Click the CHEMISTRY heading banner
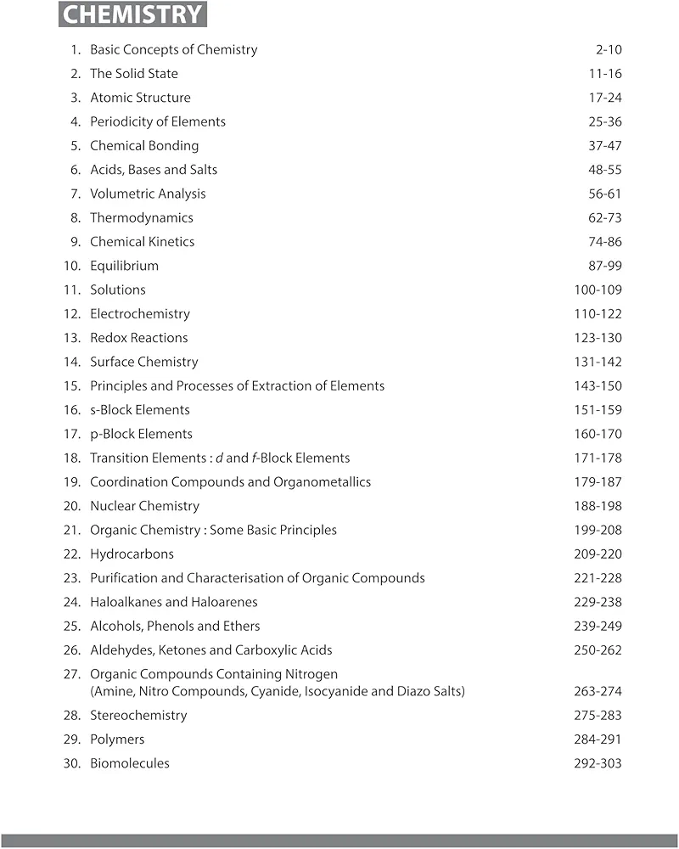[133, 14]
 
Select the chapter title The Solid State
[134, 74]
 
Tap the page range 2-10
[609, 50]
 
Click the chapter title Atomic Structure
[140, 98]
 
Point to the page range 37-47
[605, 146]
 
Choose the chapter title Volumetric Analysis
[148, 194]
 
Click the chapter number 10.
[72, 266]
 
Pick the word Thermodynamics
[142, 218]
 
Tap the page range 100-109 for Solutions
[598, 290]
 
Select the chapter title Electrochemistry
[140, 314]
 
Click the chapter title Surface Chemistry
[144, 362]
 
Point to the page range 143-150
[598, 386]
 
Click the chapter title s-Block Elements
[140, 410]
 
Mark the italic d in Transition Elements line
[218, 458]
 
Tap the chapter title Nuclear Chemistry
[144, 506]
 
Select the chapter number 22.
[72, 554]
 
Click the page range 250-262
[598, 650]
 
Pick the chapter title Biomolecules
[130, 763]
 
